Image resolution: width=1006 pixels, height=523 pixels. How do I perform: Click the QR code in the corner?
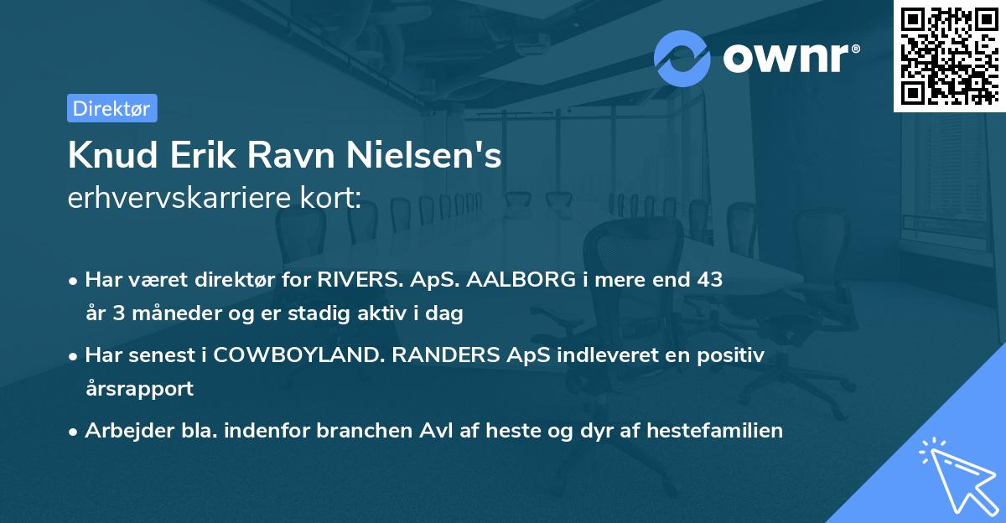[x=950, y=55]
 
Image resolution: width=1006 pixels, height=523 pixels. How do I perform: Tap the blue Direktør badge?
[x=111, y=108]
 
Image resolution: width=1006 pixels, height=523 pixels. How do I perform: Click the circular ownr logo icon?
[x=682, y=58]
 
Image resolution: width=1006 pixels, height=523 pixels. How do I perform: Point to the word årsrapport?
[x=139, y=388]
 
